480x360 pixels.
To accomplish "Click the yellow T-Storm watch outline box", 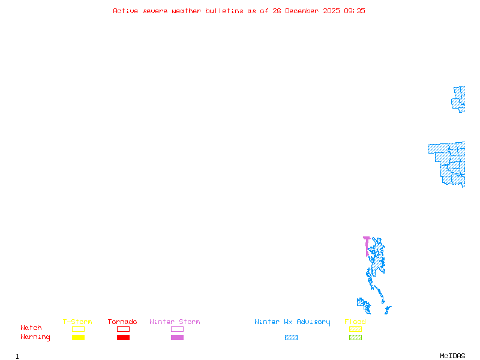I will click(x=78, y=329).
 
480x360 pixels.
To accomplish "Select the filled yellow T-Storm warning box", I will click(x=78, y=338).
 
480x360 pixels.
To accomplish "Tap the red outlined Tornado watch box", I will click(x=123, y=329).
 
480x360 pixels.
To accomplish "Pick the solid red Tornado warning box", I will click(x=123, y=338).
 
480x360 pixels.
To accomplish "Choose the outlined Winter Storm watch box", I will click(x=177, y=329).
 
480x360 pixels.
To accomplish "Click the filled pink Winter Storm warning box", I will click(x=177, y=338).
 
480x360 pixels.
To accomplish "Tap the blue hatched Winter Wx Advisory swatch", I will click(x=291, y=338).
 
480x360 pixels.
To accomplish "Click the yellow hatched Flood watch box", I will click(x=355, y=329).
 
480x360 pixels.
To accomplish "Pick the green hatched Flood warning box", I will click(x=355, y=338).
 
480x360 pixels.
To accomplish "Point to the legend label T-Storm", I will click(x=77, y=322).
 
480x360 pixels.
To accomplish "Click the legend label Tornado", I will click(x=122, y=322).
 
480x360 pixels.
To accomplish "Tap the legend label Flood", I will click(x=355, y=322).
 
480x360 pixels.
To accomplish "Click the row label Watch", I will click(x=31, y=328).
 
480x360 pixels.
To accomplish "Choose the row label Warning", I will click(x=35, y=337).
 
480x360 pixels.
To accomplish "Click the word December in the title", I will click(x=305, y=11).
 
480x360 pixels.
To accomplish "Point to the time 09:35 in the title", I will click(x=354, y=11).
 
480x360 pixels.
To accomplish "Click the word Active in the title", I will click(x=126, y=11).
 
